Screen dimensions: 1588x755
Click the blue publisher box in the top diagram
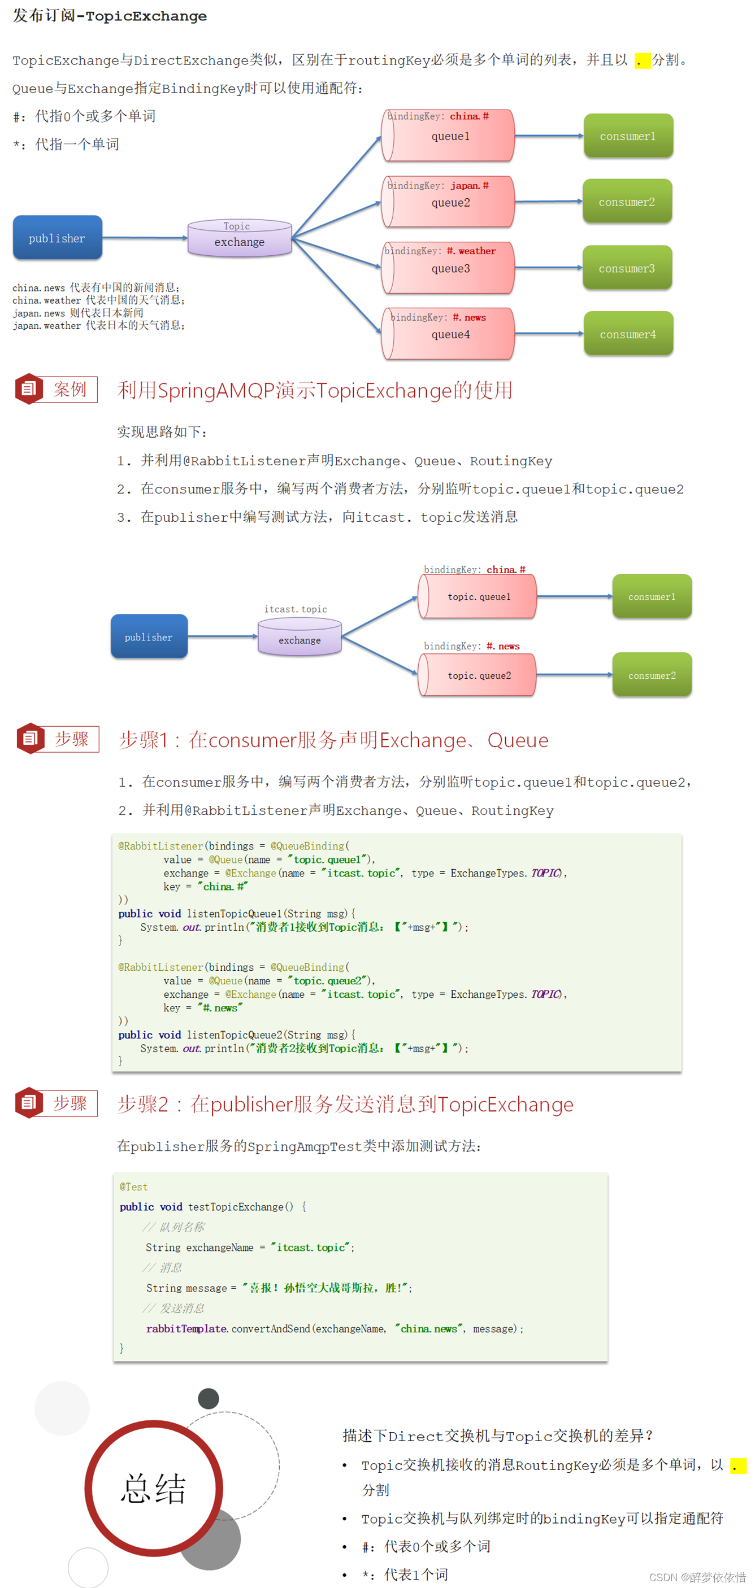pos(58,238)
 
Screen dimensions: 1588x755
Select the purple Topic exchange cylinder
pos(240,238)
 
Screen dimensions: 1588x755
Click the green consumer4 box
pos(628,334)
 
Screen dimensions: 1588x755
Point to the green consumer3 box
pos(627,268)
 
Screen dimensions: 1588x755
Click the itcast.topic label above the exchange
pos(296,609)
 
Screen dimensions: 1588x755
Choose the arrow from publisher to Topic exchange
pos(145,237)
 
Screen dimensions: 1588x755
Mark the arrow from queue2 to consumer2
pos(548,202)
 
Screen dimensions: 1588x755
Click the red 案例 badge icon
pos(28,389)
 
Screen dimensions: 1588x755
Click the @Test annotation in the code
pos(133,1186)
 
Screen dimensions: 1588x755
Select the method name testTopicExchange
pos(236,1206)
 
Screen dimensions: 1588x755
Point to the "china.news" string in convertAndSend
pos(429,1328)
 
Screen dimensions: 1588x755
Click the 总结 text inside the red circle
pos(153,1489)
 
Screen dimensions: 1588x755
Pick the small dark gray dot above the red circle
pos(209,1399)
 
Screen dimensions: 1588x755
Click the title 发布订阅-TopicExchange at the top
pos(110,16)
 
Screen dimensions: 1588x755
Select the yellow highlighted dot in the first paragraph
pos(642,60)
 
